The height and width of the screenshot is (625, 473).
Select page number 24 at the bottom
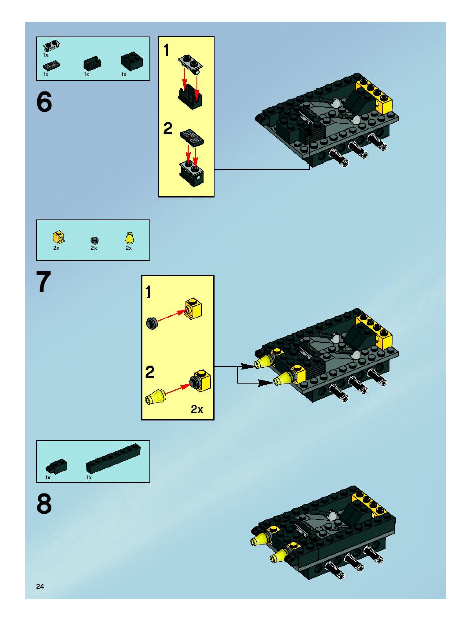40,586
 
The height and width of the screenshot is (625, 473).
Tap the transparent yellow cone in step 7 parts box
129,238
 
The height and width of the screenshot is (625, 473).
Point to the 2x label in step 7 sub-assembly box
197,409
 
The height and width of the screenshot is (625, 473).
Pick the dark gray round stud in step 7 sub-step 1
152,322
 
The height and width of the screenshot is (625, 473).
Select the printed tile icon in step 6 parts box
51,66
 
